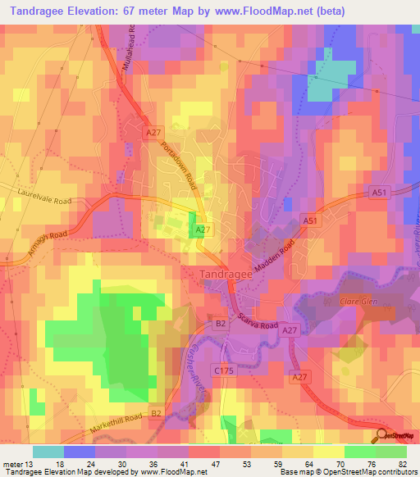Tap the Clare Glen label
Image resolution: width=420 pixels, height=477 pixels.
coord(357,302)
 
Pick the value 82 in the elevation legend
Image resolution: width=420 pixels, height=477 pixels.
coord(401,464)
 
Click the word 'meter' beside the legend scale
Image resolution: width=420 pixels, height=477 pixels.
coord(11,464)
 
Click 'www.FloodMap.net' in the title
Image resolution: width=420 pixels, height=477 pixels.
coord(262,11)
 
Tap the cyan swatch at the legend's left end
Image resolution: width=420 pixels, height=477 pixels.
coord(48,452)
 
